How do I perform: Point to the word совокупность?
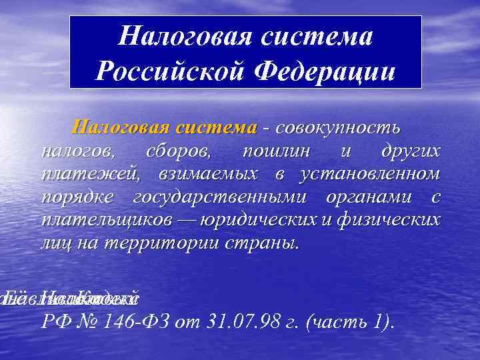click(337, 127)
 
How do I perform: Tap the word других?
click(410, 151)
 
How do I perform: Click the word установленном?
click(370, 174)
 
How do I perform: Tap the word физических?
click(395, 220)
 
